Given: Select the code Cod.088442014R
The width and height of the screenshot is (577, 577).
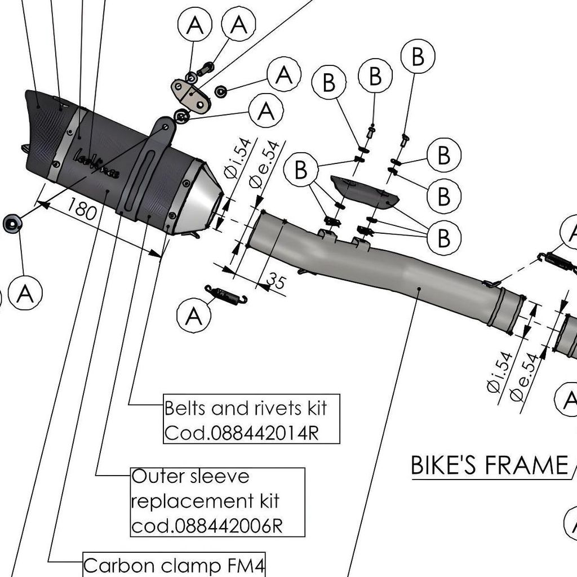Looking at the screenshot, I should (x=242, y=432).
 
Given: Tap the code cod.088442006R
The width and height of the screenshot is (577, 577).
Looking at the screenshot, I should (x=206, y=525).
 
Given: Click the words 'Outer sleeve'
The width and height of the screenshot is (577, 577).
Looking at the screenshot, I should (x=190, y=477).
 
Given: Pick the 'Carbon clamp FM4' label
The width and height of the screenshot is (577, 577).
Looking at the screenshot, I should (x=174, y=565).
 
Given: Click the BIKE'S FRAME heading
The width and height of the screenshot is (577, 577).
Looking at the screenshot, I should (x=489, y=465).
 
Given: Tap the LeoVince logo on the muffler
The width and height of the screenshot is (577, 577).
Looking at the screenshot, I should (x=96, y=163).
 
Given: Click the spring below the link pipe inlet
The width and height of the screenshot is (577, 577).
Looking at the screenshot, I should (x=226, y=295).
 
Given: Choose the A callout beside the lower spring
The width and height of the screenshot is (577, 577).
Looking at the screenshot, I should (x=193, y=317).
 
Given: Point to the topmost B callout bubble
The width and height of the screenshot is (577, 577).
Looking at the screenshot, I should (x=418, y=57).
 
